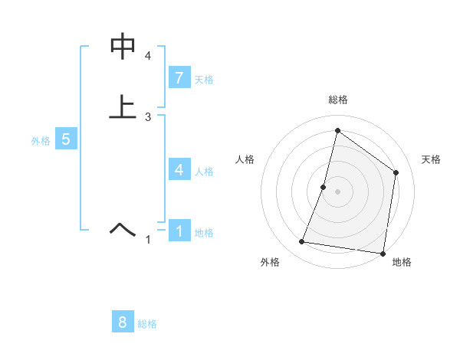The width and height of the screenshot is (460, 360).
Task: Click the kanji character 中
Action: [x=123, y=47]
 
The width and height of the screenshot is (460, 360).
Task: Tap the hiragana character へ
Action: [x=123, y=229]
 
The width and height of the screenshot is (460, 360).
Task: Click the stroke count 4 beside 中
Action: [x=148, y=56]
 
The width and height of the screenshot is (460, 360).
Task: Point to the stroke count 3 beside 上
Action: [x=148, y=117]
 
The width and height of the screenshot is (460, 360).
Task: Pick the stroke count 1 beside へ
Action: [x=148, y=241]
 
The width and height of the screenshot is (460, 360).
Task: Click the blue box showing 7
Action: [x=179, y=78]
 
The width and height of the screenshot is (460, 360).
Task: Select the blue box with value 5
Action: [x=66, y=140]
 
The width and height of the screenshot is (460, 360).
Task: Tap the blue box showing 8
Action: [x=122, y=322]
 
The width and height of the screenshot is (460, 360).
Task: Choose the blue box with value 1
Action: [x=179, y=231]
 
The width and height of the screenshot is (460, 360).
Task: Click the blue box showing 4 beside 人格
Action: [x=179, y=169]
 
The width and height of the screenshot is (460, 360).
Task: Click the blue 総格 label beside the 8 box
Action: [x=147, y=324]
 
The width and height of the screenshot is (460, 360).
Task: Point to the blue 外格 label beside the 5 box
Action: [x=41, y=141]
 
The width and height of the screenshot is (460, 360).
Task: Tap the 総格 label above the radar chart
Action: [x=337, y=100]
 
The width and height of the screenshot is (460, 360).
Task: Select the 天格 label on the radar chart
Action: [x=431, y=159]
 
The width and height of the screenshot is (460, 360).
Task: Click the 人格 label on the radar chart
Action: [x=245, y=159]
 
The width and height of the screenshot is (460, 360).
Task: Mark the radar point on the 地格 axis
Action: [x=382, y=253]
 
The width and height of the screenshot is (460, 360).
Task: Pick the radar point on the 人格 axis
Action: [x=324, y=187]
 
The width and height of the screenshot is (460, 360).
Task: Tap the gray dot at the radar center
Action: [x=337, y=191]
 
